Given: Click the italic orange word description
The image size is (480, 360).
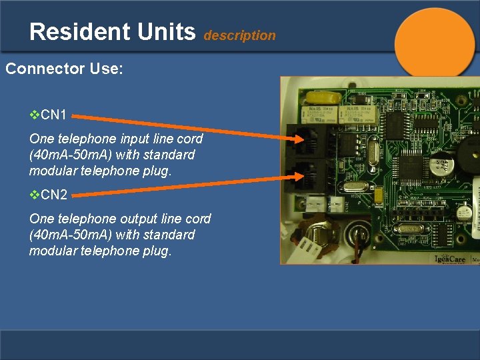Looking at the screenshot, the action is point(239,36).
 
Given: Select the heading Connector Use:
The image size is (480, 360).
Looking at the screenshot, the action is point(64,69).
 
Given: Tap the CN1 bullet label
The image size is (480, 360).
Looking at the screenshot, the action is point(53,115).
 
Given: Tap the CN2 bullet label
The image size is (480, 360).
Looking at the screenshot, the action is point(53,195).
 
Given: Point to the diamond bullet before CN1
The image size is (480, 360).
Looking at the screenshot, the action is point(35,115).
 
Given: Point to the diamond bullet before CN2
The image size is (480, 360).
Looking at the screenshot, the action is point(35,195).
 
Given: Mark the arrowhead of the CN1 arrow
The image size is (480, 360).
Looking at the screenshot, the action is point(301,139).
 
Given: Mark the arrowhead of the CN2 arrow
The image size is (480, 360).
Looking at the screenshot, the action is point(301,177).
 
